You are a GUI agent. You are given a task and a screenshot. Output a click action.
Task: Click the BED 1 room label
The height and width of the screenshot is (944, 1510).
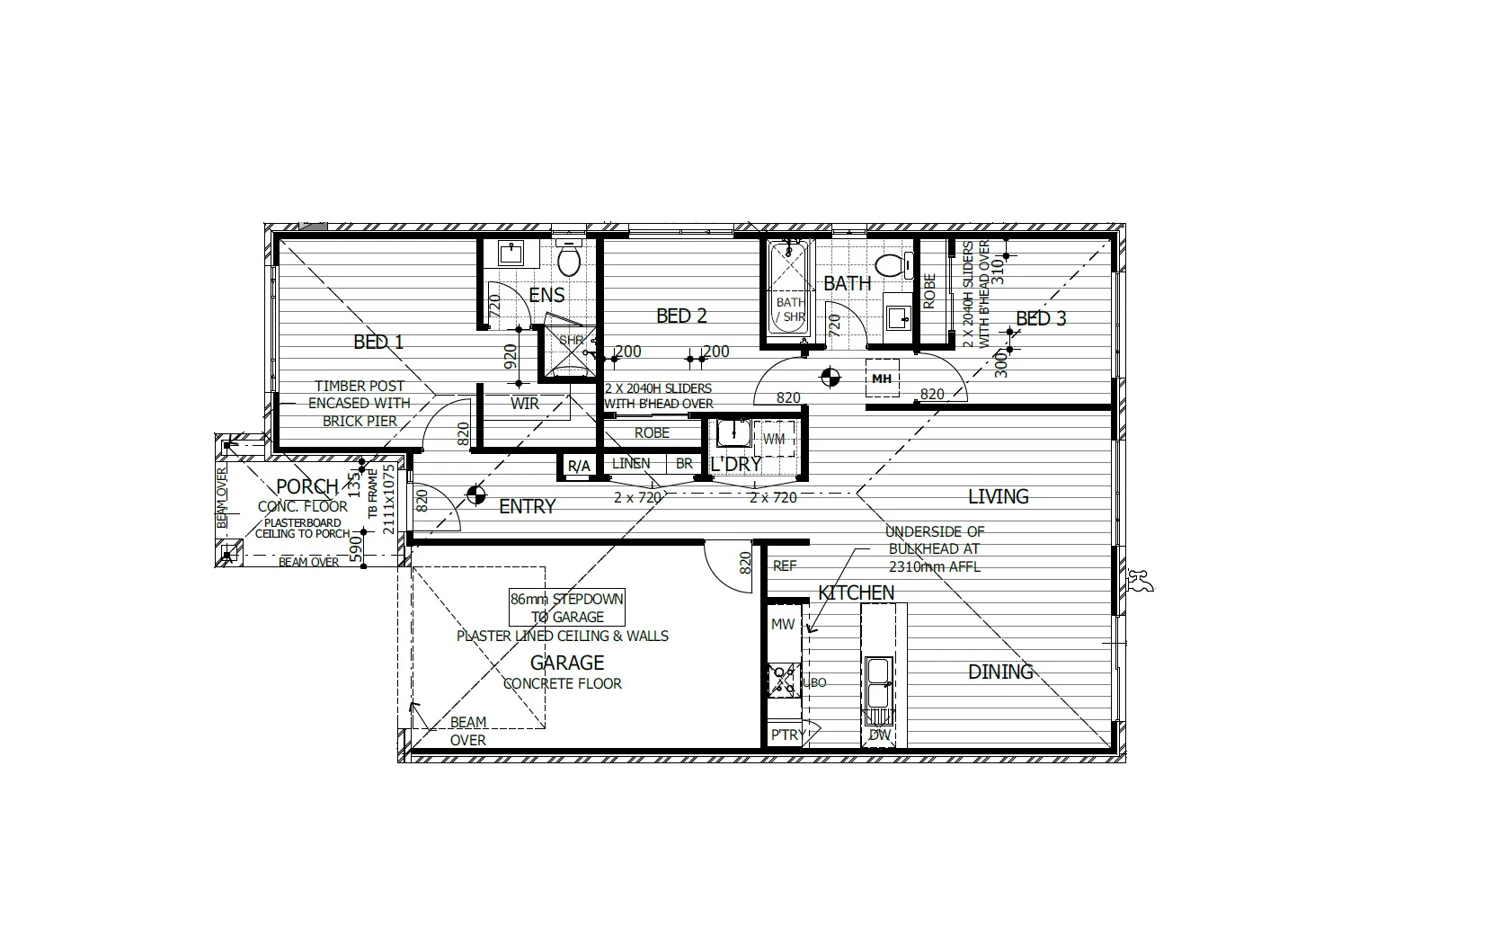378,342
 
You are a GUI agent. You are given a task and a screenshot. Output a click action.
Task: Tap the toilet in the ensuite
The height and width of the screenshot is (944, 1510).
568,260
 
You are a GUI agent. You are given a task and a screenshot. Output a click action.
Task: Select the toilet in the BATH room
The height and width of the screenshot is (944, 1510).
890,265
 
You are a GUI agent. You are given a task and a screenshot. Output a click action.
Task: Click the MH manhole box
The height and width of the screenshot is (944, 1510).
882,378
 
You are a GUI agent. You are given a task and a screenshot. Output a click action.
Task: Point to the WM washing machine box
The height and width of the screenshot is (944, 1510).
774,439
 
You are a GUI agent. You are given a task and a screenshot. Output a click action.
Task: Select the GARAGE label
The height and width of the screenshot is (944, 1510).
566,663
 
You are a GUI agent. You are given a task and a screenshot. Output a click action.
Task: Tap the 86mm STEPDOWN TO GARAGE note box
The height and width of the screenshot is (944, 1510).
566,609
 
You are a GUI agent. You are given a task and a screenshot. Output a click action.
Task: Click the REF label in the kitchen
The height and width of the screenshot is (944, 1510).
785,566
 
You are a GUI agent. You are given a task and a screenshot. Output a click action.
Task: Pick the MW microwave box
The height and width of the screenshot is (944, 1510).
783,624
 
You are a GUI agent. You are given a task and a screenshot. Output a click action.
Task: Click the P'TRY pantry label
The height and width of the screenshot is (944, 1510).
787,735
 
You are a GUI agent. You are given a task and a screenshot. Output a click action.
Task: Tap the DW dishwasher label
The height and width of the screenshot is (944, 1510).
881,735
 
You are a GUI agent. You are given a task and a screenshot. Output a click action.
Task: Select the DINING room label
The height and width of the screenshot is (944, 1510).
1000,672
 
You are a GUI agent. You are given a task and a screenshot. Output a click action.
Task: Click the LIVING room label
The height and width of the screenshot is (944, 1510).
998,496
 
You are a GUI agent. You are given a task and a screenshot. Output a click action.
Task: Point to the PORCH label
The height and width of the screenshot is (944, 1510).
306,486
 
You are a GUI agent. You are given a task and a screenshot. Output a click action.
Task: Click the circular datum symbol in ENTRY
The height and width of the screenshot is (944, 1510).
475,494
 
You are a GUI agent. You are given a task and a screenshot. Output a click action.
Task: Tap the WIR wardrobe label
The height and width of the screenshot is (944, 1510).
525,404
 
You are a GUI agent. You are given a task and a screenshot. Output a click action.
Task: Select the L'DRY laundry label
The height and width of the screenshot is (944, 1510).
735,465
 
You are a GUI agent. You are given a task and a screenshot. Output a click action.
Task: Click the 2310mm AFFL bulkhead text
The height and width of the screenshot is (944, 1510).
934,566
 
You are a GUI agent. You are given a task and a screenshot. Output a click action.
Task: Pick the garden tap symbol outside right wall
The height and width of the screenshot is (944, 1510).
1141,583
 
